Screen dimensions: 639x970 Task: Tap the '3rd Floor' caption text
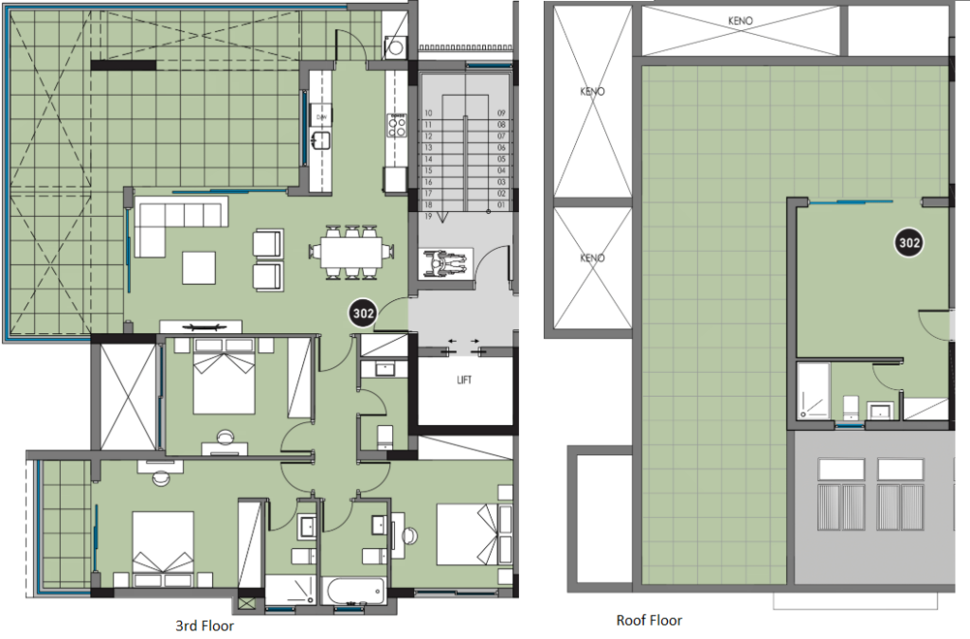tap(205, 626)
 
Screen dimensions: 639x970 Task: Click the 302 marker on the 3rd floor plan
tap(363, 311)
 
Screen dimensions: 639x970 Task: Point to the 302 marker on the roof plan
tap(909, 243)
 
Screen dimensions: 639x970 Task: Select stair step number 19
tap(428, 217)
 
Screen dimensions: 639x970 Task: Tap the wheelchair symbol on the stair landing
tap(445, 263)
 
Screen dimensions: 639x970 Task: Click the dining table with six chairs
tap(347, 252)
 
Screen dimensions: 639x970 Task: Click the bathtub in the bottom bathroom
tap(353, 592)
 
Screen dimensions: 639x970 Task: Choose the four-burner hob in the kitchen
tap(395, 125)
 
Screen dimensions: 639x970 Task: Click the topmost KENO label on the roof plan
tap(740, 21)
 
